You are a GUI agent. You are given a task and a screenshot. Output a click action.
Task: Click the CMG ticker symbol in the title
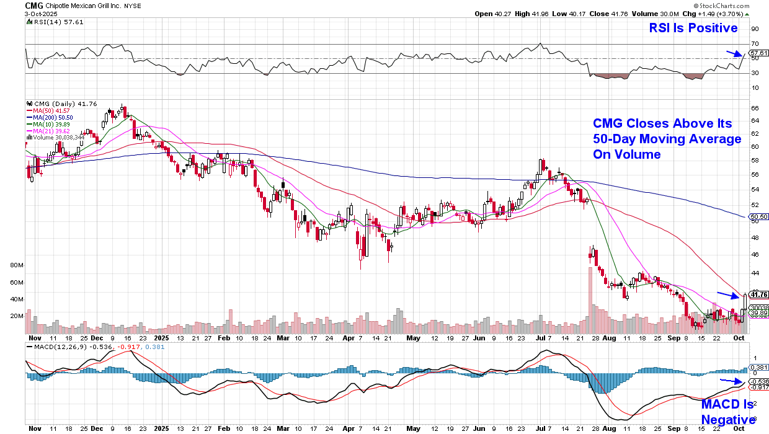[33, 5]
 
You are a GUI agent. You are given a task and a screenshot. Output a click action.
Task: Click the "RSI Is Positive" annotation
[693, 28]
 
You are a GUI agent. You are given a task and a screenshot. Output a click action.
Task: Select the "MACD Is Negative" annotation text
[727, 412]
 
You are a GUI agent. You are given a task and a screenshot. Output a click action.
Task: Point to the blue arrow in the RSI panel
[734, 55]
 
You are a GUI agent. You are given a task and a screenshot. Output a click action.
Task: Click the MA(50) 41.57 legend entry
[53, 110]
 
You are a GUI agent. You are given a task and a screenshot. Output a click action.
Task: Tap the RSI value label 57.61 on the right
[759, 53]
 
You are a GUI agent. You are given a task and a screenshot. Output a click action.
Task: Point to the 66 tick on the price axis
[755, 108]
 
